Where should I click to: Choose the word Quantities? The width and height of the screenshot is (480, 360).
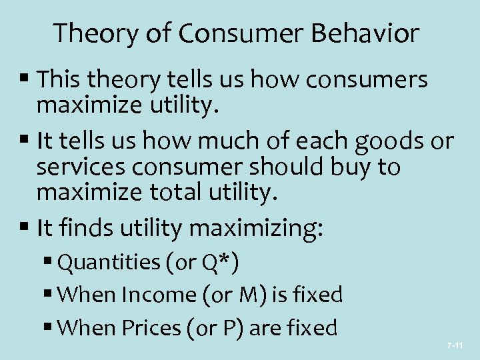[109, 263]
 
